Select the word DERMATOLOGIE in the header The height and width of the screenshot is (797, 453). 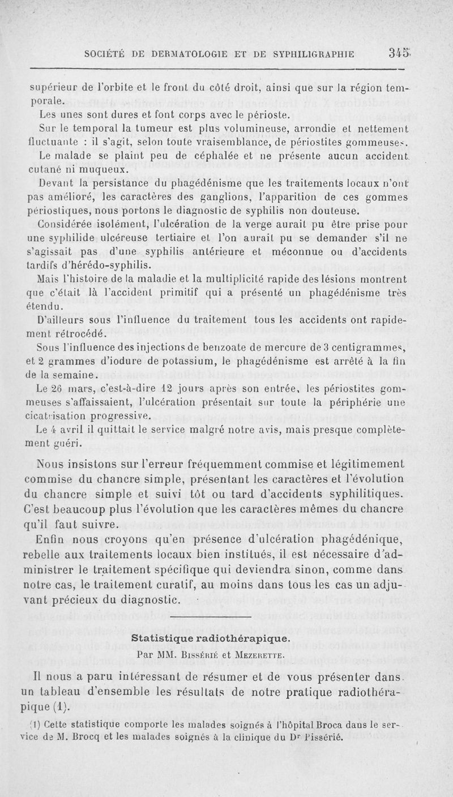point(187,54)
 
